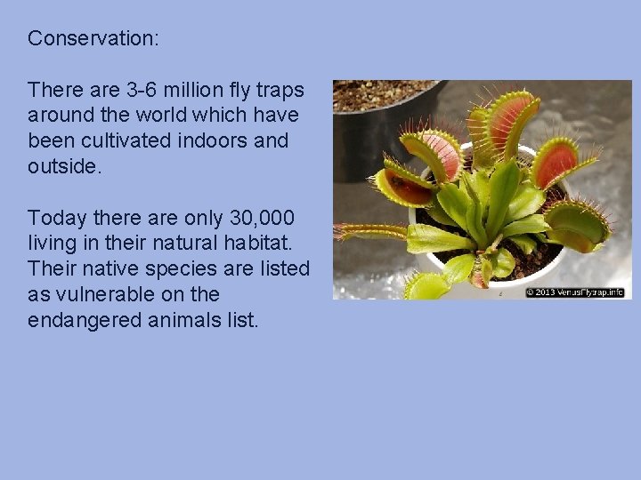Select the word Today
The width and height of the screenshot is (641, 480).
[56, 218]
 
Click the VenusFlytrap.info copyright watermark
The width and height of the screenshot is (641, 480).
[574, 292]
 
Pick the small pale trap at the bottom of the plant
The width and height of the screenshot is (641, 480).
[427, 285]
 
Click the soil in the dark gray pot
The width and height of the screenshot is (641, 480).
[383, 92]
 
